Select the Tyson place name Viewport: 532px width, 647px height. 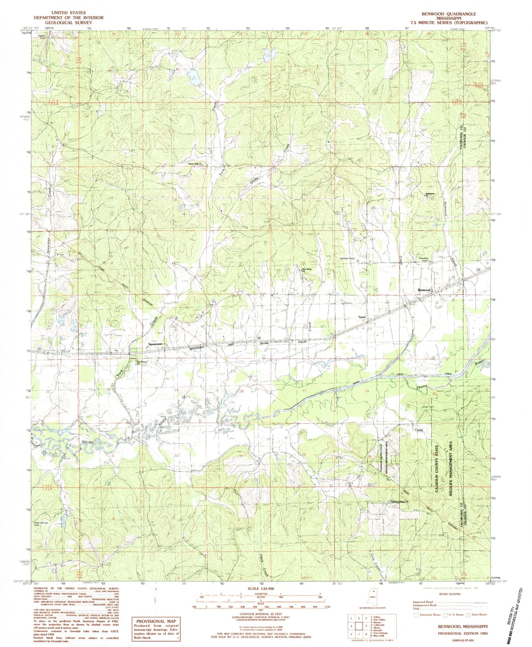(x=362, y=317)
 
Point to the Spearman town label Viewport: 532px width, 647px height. (x=155, y=344)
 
